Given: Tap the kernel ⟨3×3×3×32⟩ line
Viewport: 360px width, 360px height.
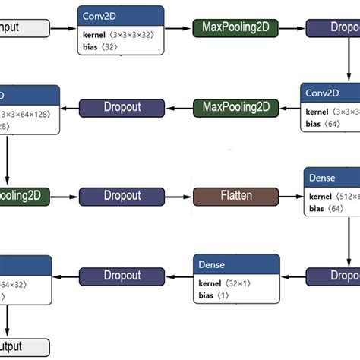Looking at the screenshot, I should tap(120, 35).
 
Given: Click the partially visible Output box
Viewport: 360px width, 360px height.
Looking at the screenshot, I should tap(23, 346).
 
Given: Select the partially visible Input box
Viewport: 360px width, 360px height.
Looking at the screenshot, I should tap(23, 29).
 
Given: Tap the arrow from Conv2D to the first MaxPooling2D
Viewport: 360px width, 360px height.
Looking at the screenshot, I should tap(178, 29).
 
